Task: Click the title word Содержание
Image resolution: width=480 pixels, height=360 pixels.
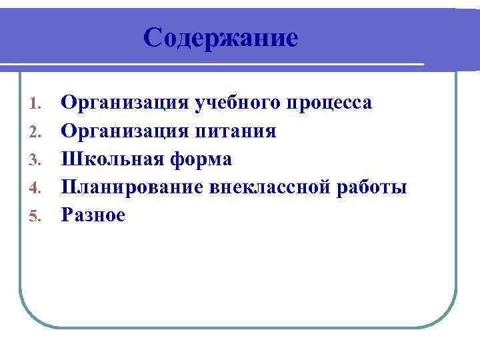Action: point(220,37)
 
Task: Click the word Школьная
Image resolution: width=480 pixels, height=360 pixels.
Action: point(113,160)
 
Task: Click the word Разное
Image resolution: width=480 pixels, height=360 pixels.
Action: point(93,216)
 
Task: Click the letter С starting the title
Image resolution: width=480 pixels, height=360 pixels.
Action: point(152,37)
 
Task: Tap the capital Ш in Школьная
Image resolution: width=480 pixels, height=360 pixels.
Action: point(69,160)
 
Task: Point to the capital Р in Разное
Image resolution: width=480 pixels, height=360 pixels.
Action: point(67,216)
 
